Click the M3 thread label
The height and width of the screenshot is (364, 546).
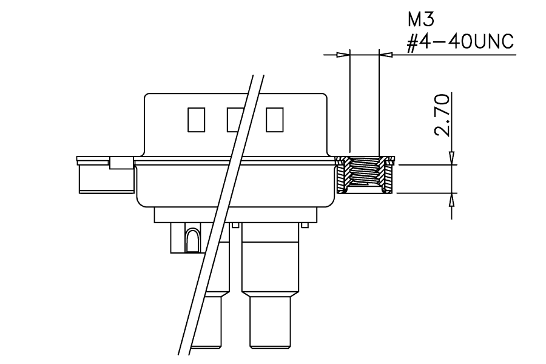click(421, 19)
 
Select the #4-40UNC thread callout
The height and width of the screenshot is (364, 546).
click(460, 42)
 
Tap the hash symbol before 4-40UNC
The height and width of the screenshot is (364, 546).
click(413, 43)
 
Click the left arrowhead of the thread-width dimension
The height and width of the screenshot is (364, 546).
click(343, 55)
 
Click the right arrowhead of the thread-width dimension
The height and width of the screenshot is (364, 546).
click(385, 55)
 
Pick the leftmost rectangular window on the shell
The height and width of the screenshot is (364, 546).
click(196, 120)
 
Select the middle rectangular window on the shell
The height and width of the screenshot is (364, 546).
click(235, 120)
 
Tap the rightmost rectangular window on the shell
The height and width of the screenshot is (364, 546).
click(274, 120)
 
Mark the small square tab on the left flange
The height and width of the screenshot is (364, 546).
click(121, 163)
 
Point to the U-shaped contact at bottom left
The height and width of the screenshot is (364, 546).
click(192, 240)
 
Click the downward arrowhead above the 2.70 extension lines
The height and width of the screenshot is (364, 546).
click(451, 158)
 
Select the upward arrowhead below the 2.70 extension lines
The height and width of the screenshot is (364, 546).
click(451, 200)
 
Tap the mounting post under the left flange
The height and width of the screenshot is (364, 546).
click(106, 179)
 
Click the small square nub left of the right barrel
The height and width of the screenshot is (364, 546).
click(235, 225)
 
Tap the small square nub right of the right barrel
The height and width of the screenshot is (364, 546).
click(305, 225)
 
